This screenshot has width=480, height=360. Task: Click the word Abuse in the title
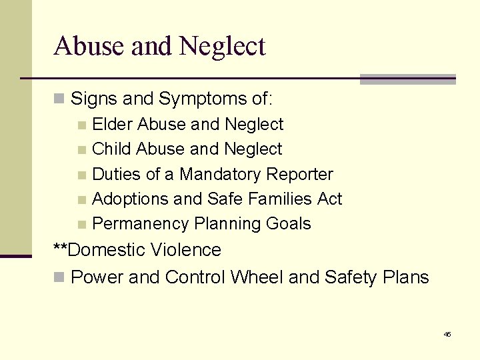pos(87,46)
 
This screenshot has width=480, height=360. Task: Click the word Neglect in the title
pos(222,47)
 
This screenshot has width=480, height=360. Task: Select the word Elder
pos(111,124)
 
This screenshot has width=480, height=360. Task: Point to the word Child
pos(111,149)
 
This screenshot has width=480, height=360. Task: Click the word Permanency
pos(141,224)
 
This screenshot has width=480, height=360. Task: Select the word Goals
pos(288,224)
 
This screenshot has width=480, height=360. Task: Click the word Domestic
pos(107,250)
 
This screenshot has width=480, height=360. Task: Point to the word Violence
pos(185,250)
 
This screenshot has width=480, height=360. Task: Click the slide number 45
pos(447,334)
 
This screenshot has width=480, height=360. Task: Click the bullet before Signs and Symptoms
pos(59,100)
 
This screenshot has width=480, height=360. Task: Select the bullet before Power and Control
pos(59,277)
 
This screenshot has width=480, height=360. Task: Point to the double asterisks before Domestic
pos(60,249)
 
